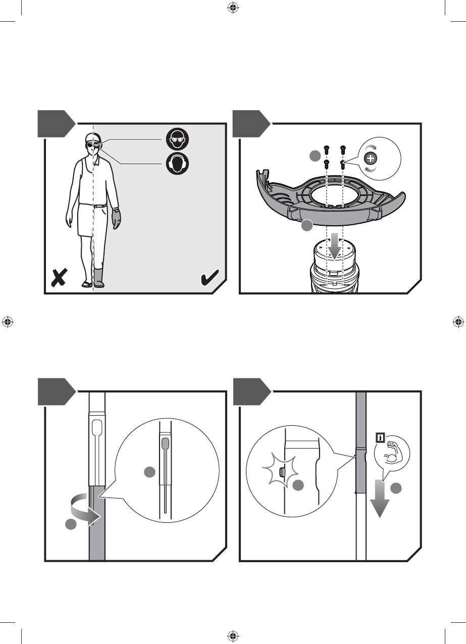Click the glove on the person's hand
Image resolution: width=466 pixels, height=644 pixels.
pyautogui.click(x=117, y=218)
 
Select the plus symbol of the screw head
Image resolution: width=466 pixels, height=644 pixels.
pyautogui.click(x=371, y=159)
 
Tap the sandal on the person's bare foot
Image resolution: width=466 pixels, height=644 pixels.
pyautogui.click(x=87, y=284)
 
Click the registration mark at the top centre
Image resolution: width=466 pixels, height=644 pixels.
pyautogui.click(x=233, y=8)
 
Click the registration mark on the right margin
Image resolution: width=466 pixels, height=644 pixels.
pyautogui.click(x=458, y=322)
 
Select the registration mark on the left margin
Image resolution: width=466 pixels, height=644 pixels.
pyautogui.click(x=8, y=322)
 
